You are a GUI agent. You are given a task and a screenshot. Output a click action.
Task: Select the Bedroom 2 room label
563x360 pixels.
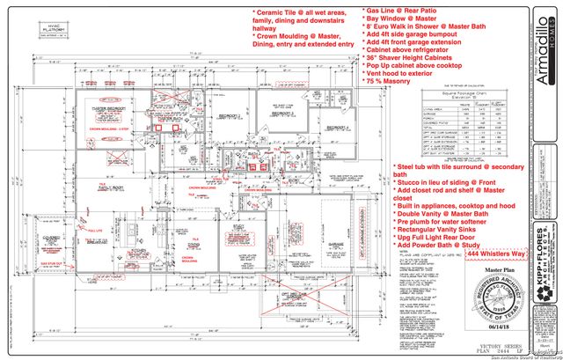click(230, 115)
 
